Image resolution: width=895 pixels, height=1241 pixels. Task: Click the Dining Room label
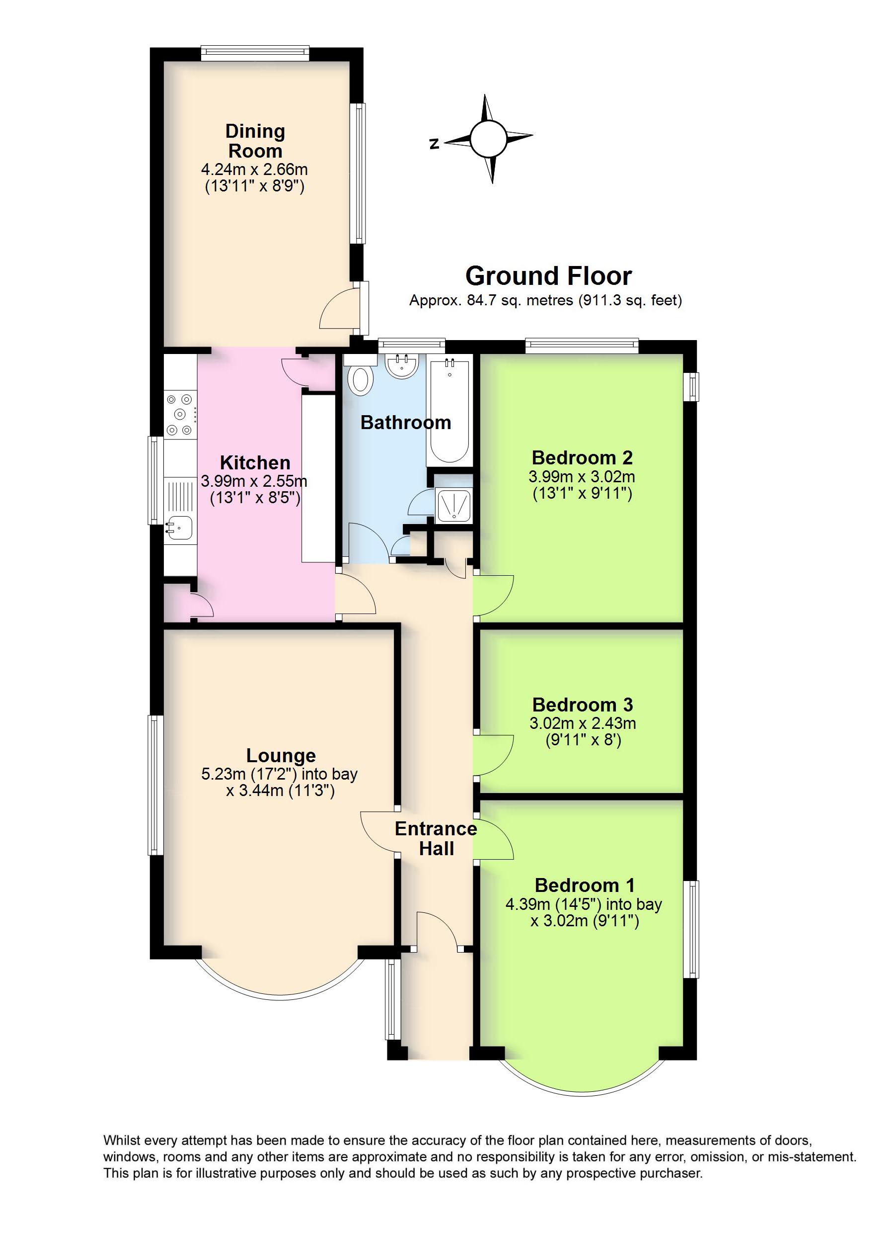pyautogui.click(x=255, y=141)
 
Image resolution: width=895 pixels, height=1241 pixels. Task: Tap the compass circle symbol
pyautogui.click(x=488, y=138)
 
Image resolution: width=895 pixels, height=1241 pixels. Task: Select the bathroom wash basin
pyautogui.click(x=402, y=365)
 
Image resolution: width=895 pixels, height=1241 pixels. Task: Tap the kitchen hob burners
pyautogui.click(x=180, y=414)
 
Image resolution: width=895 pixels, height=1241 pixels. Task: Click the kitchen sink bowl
pyautogui.click(x=179, y=527)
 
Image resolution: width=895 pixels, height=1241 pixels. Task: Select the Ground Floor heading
pyautogui.click(x=548, y=276)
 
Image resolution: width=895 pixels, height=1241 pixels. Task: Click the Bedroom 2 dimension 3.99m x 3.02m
pyautogui.click(x=582, y=476)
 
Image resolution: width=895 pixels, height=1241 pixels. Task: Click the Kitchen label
pyautogui.click(x=255, y=463)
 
